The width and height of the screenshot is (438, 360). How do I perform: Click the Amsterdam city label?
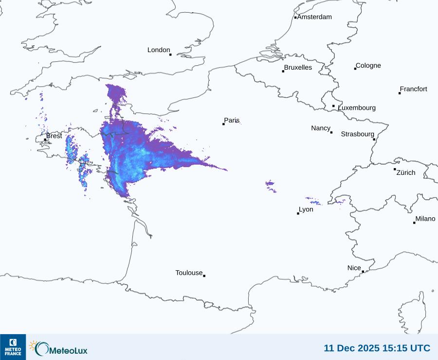314,17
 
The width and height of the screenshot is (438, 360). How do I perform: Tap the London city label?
159,50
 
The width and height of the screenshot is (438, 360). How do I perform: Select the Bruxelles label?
298,68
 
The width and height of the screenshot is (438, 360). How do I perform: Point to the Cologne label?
368,66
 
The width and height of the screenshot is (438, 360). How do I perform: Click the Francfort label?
414,89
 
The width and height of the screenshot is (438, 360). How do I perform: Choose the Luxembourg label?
357,108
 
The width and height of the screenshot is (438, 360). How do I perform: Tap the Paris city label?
232,120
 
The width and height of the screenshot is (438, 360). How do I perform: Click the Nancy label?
321,128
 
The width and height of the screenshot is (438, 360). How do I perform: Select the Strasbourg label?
357,134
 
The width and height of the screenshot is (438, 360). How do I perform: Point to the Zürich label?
406,172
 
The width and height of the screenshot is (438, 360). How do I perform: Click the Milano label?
425,219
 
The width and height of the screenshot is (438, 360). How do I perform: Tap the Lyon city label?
306,209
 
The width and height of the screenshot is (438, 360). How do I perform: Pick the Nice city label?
354,268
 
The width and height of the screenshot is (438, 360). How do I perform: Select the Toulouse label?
189,273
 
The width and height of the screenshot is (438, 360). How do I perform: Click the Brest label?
54,136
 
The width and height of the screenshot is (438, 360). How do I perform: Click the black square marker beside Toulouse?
204,276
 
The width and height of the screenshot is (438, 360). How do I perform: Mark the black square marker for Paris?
223,124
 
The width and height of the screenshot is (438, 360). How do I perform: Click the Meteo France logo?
13,347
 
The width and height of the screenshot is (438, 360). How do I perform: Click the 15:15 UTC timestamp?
377,348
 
